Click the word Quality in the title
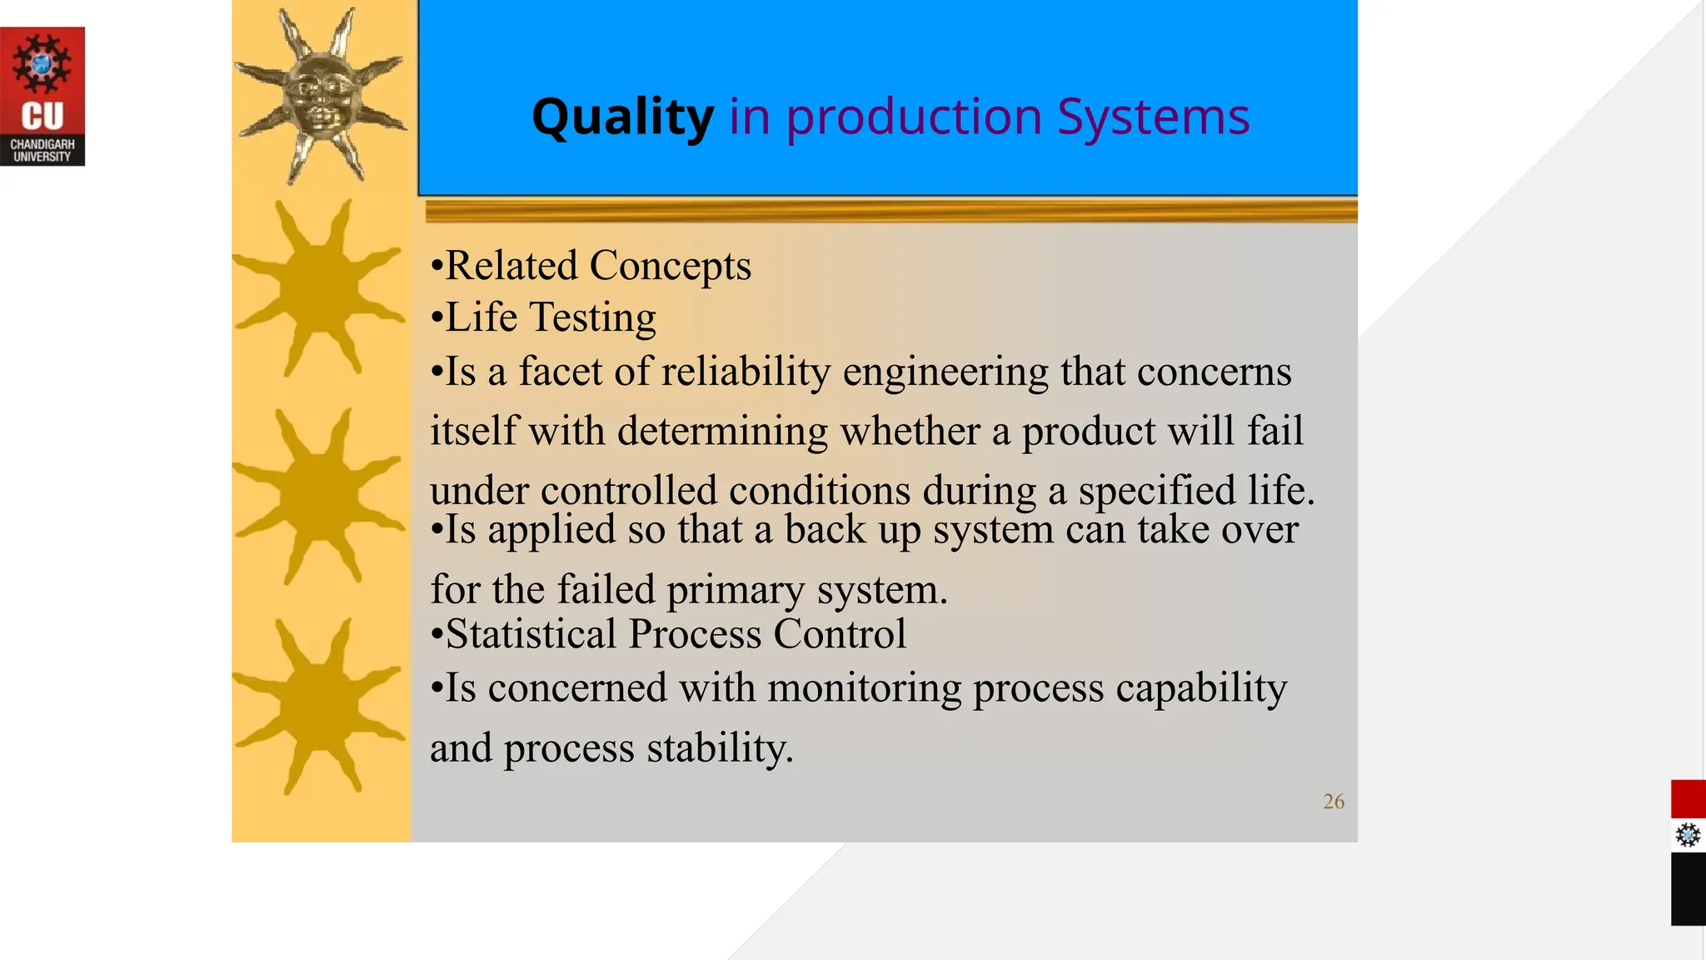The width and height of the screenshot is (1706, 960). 622,117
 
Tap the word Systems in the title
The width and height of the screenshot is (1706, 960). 1153,117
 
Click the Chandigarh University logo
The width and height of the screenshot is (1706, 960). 42,97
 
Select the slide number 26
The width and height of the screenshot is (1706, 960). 1333,802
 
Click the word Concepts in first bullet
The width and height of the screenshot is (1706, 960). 670,267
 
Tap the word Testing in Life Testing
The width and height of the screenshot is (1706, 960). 592,318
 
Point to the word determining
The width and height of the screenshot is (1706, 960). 722,432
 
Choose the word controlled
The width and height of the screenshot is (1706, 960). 628,490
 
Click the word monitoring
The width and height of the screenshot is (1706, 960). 864,689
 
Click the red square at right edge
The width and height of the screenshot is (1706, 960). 1688,799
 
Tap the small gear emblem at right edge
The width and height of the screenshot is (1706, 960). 1688,835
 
